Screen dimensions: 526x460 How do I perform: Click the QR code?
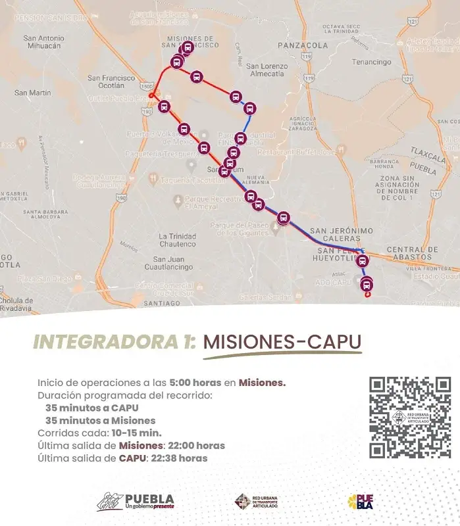click(409, 418)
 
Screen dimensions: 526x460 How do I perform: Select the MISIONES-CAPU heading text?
click(282, 343)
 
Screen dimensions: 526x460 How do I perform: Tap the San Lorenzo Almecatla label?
click(267, 70)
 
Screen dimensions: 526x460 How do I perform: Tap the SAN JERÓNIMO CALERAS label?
click(342, 235)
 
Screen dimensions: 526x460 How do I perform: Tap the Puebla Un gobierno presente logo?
click(136, 502)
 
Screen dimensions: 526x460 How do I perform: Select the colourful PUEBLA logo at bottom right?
click(361, 502)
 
